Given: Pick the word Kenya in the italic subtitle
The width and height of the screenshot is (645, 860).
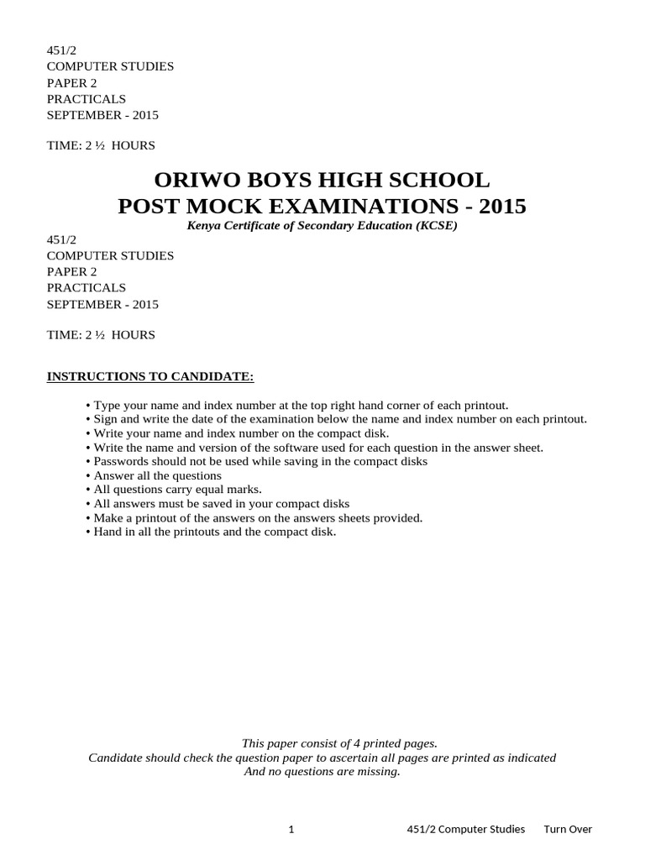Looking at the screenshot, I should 204,225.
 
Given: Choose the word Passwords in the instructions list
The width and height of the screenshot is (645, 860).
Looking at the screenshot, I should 119,461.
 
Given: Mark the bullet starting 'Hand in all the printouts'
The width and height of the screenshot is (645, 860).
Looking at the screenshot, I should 211,532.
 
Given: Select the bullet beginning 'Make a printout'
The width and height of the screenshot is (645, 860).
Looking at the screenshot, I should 254,518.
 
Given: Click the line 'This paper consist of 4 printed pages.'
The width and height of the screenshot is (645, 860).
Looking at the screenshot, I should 339,742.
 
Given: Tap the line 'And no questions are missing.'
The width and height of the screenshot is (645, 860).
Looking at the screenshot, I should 322,771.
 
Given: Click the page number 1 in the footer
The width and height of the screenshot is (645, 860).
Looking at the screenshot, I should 291,829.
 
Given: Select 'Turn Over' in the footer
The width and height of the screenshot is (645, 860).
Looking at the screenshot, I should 568,829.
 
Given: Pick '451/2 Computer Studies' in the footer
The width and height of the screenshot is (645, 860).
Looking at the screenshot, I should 461,829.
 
